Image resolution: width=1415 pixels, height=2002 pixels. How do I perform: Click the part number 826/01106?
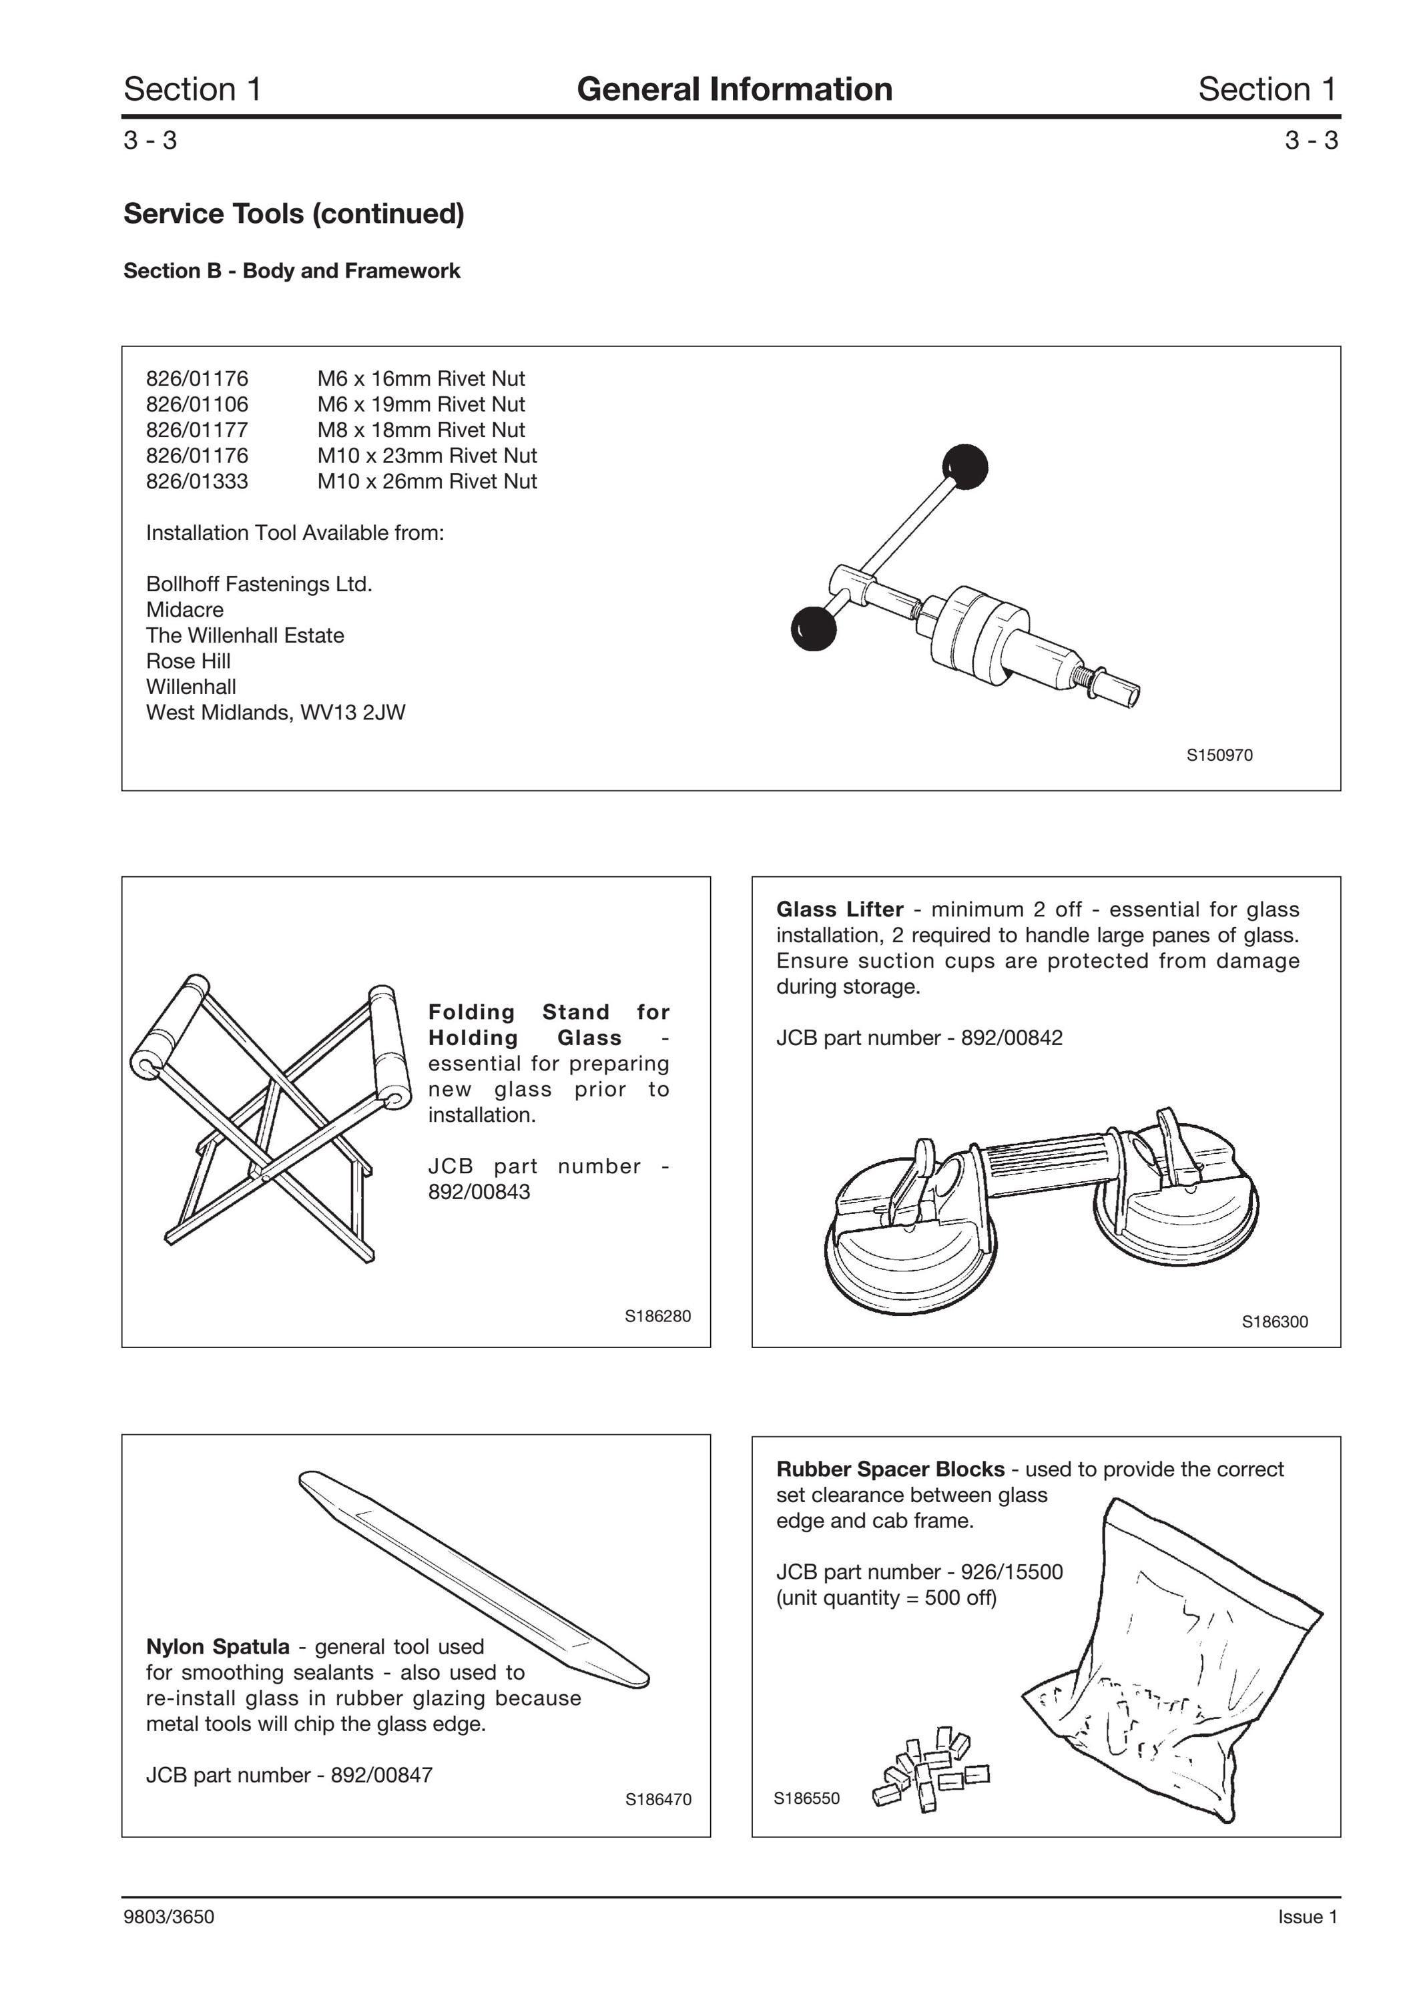point(197,404)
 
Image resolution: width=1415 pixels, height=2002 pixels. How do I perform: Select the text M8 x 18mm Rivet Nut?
point(421,430)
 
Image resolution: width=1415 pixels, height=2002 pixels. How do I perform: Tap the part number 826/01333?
point(197,481)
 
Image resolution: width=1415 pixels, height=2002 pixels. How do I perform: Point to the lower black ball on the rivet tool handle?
point(814,628)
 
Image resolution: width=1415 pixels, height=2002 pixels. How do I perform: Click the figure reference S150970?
point(1219,755)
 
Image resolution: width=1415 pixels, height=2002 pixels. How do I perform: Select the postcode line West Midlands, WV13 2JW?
point(276,713)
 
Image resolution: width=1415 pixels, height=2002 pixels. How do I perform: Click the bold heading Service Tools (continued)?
point(294,214)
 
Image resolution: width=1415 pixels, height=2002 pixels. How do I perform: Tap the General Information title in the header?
point(734,89)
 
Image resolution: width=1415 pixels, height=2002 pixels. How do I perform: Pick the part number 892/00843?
point(479,1192)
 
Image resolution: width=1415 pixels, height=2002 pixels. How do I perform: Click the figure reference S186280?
point(657,1316)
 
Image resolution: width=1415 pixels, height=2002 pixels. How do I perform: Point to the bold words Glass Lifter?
point(840,910)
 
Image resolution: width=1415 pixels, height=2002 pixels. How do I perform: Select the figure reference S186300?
point(1275,1322)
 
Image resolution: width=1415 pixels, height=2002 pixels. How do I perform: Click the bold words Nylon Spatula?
point(218,1646)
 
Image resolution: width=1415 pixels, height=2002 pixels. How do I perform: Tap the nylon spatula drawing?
point(475,1579)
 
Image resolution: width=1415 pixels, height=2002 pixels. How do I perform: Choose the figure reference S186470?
point(658,1799)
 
